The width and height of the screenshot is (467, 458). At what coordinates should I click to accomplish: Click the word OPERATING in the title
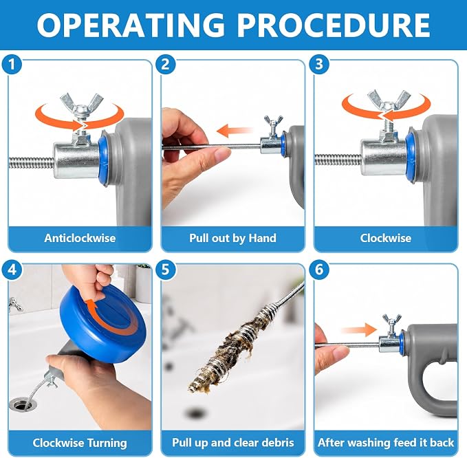pos(131,25)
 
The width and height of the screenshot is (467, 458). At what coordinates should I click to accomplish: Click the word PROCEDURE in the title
pos(334,25)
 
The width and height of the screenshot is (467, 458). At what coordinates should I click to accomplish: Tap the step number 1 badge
pos(12,65)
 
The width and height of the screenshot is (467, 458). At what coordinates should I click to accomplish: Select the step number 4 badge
pos(12,270)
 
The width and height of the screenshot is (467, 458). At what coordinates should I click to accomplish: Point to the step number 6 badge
pos(319,270)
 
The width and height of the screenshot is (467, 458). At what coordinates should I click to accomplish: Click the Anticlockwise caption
pos(80,238)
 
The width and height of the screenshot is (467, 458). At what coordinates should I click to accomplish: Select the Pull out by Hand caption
pos(233,238)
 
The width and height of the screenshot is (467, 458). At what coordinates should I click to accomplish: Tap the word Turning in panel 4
pos(107,443)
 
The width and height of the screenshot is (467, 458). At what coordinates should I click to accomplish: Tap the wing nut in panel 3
pos(389,100)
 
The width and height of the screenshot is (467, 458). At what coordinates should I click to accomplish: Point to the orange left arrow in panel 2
pos(234,131)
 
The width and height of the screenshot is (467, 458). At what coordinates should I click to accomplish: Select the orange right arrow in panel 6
pos(359,330)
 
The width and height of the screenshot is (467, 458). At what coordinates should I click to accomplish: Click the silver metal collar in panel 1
pos(76,160)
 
